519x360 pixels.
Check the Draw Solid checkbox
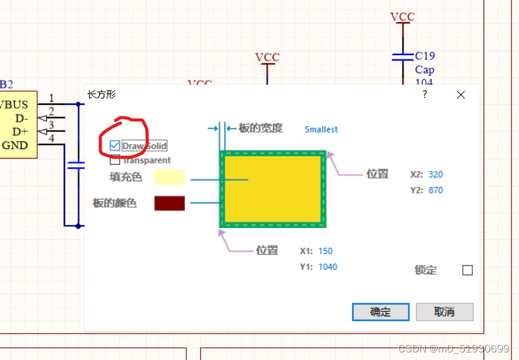(x=114, y=146)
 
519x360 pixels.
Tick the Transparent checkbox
(x=115, y=160)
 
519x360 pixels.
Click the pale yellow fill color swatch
(x=169, y=177)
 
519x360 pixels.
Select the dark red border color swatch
(x=169, y=203)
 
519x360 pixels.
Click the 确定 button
(x=380, y=312)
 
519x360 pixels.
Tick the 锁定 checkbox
(x=467, y=270)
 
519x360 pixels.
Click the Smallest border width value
(x=321, y=129)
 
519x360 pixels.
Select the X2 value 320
(x=435, y=174)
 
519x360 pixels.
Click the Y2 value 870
(x=435, y=190)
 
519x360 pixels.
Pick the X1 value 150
(x=325, y=251)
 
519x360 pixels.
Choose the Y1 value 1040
(x=327, y=267)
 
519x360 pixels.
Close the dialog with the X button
(x=461, y=95)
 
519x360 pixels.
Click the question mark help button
(x=425, y=95)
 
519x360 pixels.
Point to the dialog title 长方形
(x=101, y=95)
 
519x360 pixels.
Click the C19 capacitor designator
(x=424, y=56)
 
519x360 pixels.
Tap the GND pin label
(x=15, y=145)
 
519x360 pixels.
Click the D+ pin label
(x=20, y=131)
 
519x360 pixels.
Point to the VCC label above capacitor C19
(x=402, y=16)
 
